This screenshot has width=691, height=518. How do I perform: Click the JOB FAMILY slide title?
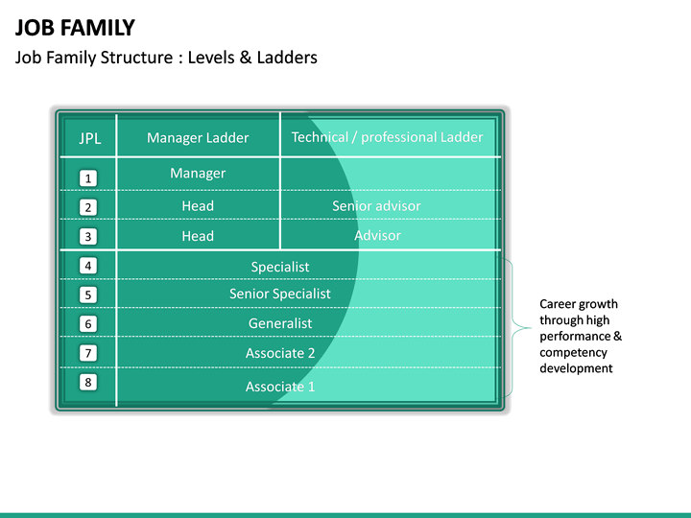click(x=75, y=28)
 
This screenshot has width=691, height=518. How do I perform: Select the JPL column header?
click(x=89, y=138)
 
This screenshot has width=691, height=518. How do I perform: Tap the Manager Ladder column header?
click(x=198, y=138)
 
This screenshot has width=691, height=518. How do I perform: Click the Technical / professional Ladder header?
click(x=387, y=137)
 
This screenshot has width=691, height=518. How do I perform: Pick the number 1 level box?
click(x=88, y=178)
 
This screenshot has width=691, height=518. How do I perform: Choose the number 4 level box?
click(x=88, y=266)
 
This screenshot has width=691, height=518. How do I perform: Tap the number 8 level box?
click(x=88, y=383)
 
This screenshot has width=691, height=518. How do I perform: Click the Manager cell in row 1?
click(x=198, y=174)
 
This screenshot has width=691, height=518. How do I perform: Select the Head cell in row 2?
click(x=198, y=206)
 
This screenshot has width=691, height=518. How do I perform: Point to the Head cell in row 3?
click(x=198, y=236)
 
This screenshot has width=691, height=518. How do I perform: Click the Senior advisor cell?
click(x=376, y=206)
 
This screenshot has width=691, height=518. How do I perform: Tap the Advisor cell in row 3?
click(x=377, y=236)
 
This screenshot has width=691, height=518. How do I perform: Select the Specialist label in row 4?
click(x=280, y=267)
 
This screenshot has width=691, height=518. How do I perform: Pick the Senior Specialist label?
click(x=280, y=294)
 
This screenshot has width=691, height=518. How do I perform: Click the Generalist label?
click(x=280, y=323)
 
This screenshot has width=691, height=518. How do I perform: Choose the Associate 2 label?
click(x=280, y=353)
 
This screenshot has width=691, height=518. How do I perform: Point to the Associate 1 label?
click(x=280, y=387)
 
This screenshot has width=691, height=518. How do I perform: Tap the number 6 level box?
click(x=88, y=324)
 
